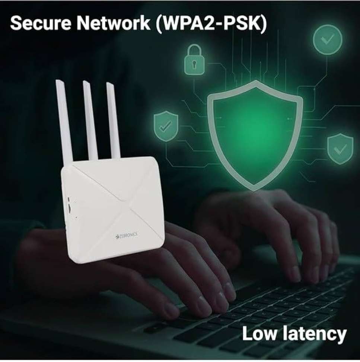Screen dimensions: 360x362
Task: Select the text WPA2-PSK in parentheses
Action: pos(211,23)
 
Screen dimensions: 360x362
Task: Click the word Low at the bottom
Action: pos(259,333)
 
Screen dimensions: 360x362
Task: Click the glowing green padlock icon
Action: pos(194,60)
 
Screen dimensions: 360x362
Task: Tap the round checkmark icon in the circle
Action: pos(328,40)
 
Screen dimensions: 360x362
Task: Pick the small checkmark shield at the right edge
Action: pos(340,149)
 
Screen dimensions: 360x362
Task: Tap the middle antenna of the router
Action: pos(90,120)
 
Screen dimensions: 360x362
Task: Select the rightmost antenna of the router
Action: pos(113,120)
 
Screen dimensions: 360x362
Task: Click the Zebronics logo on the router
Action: pos(126,235)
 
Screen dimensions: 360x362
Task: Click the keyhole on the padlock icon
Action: pos(194,64)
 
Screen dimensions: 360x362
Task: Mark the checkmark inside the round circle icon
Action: pos(328,39)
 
